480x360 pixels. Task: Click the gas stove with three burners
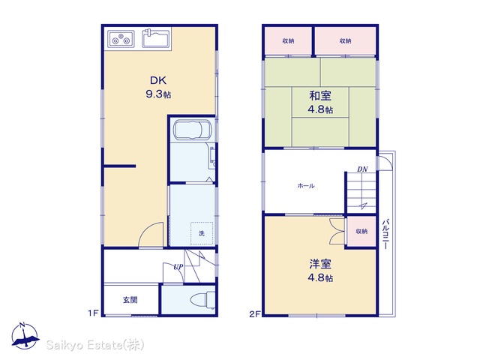click(121, 39)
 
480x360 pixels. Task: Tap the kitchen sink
click(156, 38)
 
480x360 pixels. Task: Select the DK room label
click(158, 80)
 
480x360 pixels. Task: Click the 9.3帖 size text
click(158, 94)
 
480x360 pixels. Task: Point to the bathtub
click(192, 130)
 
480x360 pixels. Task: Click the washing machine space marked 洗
click(202, 233)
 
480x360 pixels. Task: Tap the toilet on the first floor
click(202, 299)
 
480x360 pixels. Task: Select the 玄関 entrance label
click(130, 300)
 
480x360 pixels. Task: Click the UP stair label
click(178, 267)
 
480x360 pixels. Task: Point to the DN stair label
click(362, 169)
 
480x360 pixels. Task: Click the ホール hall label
click(306, 186)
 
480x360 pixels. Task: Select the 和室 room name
click(320, 96)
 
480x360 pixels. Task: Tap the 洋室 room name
click(320, 264)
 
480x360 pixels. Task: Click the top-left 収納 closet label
click(288, 40)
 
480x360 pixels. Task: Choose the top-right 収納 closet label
click(345, 40)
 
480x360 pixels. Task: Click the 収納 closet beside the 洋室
click(361, 232)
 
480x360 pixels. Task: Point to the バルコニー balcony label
click(386, 233)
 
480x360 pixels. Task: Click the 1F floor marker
click(93, 313)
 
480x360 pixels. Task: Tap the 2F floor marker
click(254, 314)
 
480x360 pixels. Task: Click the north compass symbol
click(25, 336)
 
